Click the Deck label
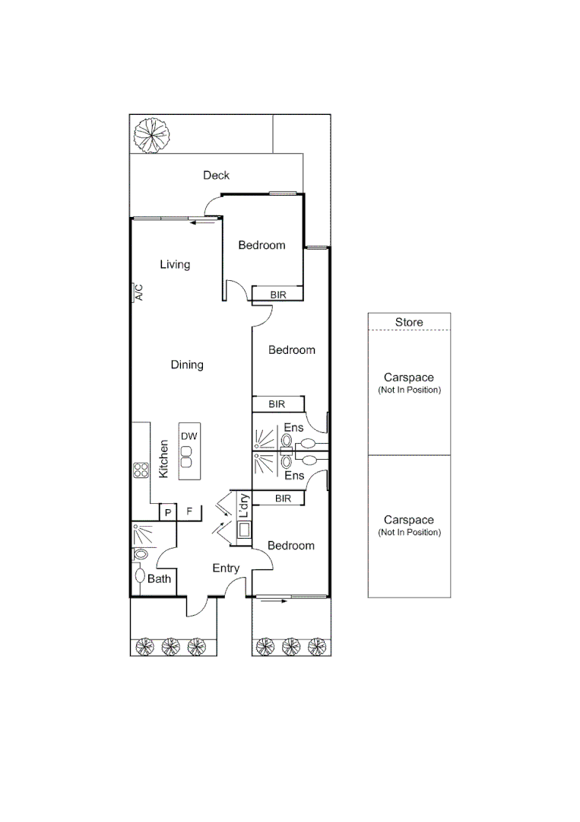tap(216, 176)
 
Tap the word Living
tap(175, 265)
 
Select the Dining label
tap(187, 365)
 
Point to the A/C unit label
tap(138, 293)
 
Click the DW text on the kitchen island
tap(189, 436)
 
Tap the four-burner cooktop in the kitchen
tap(141, 470)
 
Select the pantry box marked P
tap(167, 513)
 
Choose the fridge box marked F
tap(189, 512)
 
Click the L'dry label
tap(244, 506)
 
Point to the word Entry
tap(226, 568)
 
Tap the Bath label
tap(159, 579)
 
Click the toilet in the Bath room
tap(141, 575)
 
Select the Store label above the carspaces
tap(409, 322)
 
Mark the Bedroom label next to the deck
tap(261, 245)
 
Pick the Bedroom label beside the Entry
tap(291, 546)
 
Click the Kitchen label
tap(163, 459)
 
